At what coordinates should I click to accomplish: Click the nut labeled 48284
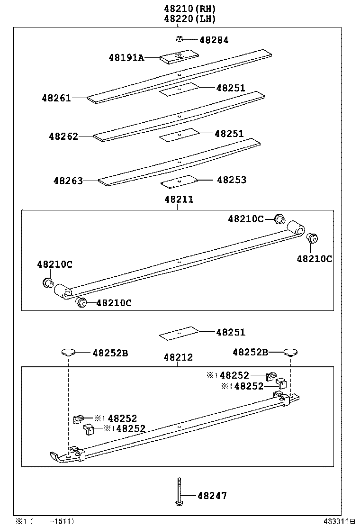pos(179,39)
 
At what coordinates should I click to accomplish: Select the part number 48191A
pos(126,58)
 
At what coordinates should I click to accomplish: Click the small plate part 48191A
pos(179,57)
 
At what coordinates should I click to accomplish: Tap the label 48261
pos(56,98)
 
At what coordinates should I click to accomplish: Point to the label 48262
pos(63,136)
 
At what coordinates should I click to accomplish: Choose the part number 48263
pos(68,181)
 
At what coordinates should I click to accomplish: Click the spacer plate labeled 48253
pos(179,181)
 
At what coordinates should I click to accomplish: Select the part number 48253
pos(232,180)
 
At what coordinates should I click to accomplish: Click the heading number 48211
pos(179,200)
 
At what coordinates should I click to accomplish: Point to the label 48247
pos(212,496)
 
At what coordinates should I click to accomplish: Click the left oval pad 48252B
pos(69,352)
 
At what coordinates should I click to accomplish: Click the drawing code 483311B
pos(339,521)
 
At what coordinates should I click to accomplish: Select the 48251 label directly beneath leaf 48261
pos(231,88)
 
